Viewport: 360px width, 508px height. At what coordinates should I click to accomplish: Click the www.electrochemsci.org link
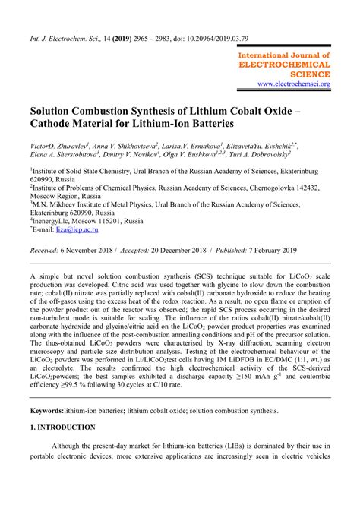click(x=293, y=84)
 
